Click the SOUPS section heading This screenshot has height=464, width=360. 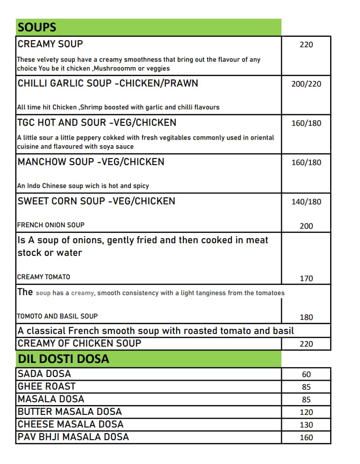coord(37,28)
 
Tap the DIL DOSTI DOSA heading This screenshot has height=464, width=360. coord(63,359)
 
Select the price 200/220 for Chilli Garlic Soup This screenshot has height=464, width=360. coord(306,84)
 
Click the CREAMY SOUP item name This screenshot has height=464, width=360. coord(50,44)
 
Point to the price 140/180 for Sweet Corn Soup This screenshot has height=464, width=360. coord(306,202)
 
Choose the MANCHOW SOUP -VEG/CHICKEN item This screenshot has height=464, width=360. coord(91,162)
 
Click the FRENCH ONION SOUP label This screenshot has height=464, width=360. coord(50,225)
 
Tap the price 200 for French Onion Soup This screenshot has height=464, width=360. coord(306,226)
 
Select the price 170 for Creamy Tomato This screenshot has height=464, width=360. coord(306,279)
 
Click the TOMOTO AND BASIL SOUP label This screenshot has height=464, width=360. coord(57,316)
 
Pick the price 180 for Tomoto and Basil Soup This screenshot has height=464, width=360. coord(306,318)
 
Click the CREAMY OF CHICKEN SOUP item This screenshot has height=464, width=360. coord(79,343)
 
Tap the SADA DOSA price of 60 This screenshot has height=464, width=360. coord(306,375)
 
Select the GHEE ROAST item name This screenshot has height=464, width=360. coord(46,386)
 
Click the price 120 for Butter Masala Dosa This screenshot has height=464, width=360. coord(306,413)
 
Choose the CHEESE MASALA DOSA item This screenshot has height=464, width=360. coord(70,424)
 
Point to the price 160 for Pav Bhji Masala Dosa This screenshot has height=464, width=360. coord(306,438)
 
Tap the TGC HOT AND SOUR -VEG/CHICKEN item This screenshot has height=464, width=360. coord(97,123)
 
